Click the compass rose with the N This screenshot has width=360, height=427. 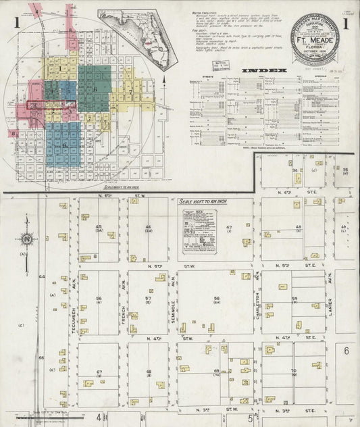(x=26, y=239)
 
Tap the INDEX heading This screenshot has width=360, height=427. (x=264, y=70)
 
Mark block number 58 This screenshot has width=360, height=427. (x=217, y=298)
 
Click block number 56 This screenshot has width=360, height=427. (x=99, y=299)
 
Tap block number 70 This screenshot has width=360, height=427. (x=294, y=371)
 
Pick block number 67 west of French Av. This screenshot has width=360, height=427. (x=99, y=372)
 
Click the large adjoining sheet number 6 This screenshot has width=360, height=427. (x=346, y=350)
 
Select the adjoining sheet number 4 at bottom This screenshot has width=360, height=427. (x=97, y=417)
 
